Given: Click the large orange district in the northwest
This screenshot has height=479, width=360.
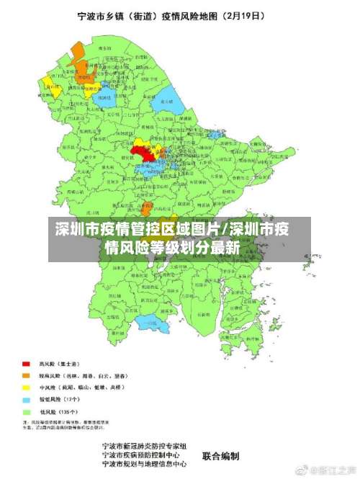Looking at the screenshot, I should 77,55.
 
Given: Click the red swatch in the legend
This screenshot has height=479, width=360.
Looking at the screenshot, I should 26,364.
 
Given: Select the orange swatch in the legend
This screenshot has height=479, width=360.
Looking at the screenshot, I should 26,375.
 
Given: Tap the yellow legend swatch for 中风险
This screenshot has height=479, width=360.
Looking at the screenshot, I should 26,387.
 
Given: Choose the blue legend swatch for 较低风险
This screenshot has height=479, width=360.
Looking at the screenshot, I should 26,398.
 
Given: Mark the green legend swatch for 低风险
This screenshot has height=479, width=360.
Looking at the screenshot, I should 26,411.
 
